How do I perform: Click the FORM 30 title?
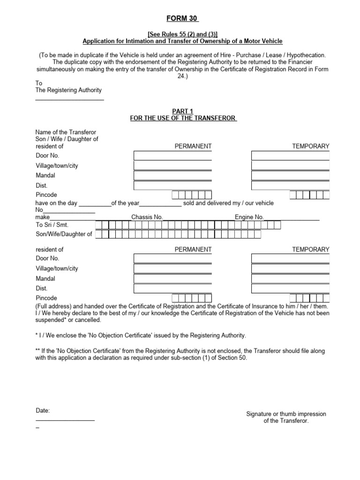[x=183, y=19]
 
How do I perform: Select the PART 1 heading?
[x=183, y=111]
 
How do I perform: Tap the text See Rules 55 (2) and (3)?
[x=183, y=34]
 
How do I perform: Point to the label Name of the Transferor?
[x=66, y=132]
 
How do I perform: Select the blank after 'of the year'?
[x=160, y=204]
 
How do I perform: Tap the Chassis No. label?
[x=147, y=217]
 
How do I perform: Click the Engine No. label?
[x=249, y=217]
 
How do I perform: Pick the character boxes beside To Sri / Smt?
[x=187, y=225]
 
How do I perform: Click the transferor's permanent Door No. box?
[x=172, y=156]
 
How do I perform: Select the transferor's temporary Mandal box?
[x=290, y=176]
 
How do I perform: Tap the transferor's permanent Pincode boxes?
[x=192, y=195]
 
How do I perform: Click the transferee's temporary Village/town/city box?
[x=290, y=269]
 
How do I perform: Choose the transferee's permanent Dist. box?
[x=172, y=289]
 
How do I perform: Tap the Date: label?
[x=43, y=411]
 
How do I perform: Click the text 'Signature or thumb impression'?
[x=286, y=414]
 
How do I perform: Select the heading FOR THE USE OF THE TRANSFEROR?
[x=183, y=118]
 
